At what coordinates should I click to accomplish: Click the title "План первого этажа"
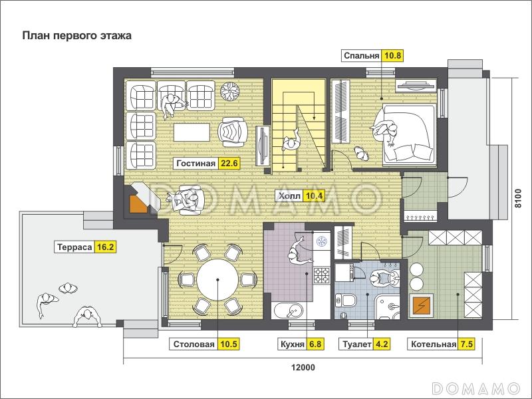(x=76, y=36)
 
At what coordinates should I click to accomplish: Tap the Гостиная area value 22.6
(x=229, y=163)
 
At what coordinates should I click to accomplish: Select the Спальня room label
(x=361, y=56)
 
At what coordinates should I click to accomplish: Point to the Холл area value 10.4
(x=314, y=196)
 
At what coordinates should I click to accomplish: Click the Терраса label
(x=74, y=247)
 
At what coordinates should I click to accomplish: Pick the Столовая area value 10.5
(x=229, y=344)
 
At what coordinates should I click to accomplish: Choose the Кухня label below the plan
(x=292, y=344)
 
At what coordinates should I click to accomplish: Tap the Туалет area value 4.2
(x=382, y=344)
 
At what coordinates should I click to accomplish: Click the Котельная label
(x=434, y=344)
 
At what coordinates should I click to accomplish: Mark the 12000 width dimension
(x=303, y=368)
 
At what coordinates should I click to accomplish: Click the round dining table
(x=217, y=280)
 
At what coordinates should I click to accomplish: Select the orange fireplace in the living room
(x=138, y=203)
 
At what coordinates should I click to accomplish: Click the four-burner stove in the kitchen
(x=321, y=275)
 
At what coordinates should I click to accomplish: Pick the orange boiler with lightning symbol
(x=420, y=305)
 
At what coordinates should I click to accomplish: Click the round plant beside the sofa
(x=230, y=91)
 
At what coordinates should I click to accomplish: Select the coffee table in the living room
(x=192, y=132)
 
